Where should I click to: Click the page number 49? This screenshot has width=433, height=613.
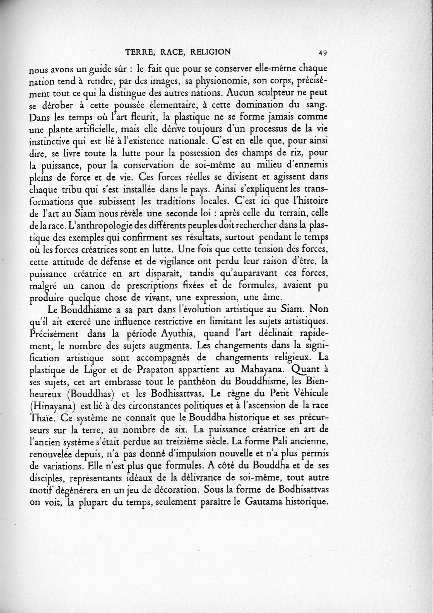pos(323,53)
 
